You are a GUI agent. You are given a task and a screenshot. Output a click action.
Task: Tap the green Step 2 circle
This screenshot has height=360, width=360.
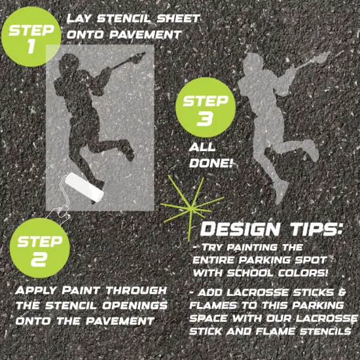[40, 249]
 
